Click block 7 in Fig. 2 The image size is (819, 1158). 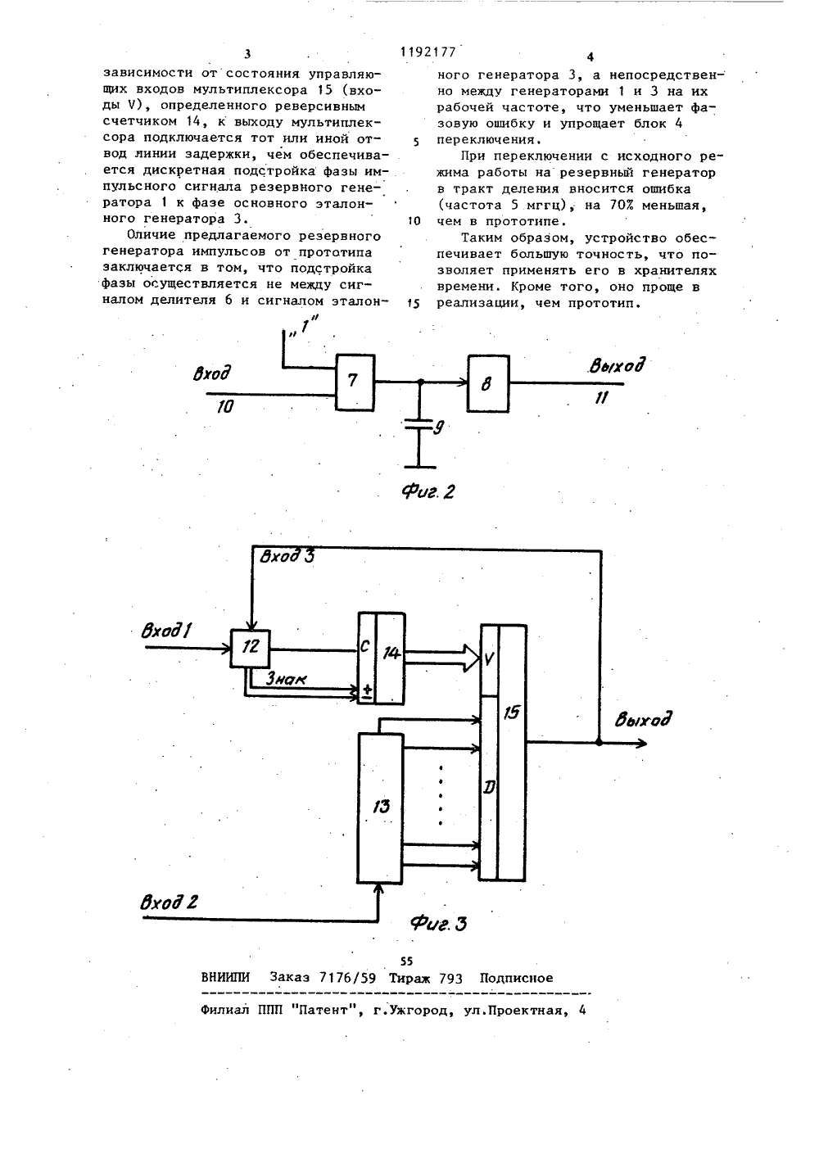(355, 382)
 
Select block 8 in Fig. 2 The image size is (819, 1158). (487, 383)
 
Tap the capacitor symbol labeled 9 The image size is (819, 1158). (419, 426)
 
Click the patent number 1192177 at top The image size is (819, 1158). (428, 52)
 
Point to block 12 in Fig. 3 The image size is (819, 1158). (251, 649)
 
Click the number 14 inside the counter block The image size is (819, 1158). (391, 654)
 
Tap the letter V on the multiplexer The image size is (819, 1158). (490, 660)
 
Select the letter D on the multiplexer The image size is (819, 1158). (490, 788)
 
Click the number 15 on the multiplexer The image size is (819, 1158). (512, 712)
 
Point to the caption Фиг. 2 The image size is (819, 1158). (428, 491)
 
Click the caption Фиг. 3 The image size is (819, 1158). (438, 923)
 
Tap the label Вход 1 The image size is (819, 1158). (166, 631)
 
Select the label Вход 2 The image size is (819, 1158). (169, 902)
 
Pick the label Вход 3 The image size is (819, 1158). (287, 556)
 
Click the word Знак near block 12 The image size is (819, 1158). (285, 678)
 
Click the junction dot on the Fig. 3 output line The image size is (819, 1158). (599, 743)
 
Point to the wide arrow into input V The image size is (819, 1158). (442, 658)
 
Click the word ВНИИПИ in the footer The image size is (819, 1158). (225, 978)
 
